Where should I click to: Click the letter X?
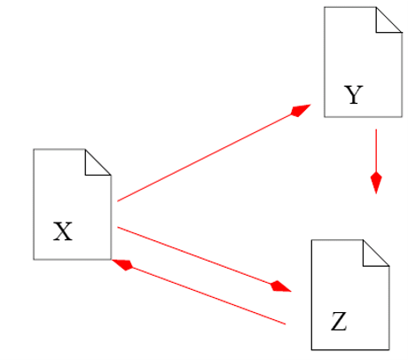click(x=63, y=231)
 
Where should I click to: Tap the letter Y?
click(x=354, y=95)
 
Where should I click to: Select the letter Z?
click(x=339, y=322)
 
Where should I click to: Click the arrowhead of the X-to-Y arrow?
click(x=301, y=111)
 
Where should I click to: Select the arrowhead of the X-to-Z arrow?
click(x=280, y=286)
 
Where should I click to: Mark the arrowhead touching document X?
click(x=122, y=264)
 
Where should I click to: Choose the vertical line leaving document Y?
click(x=376, y=151)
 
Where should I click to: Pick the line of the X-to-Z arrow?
click(x=194, y=255)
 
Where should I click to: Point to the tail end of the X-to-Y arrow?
click(x=118, y=201)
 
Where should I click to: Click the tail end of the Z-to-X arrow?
click(x=286, y=324)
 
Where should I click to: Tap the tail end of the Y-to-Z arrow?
click(x=376, y=129)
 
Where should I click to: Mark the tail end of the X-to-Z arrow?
click(x=118, y=227)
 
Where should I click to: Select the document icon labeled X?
click(x=72, y=204)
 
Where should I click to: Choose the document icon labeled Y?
click(x=363, y=62)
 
